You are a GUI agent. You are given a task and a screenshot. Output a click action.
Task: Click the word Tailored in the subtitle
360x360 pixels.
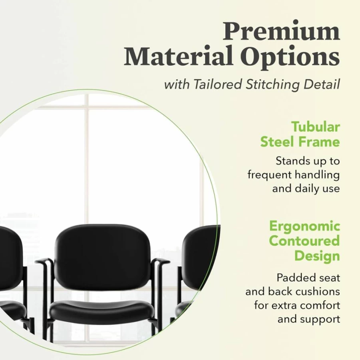click(218, 84)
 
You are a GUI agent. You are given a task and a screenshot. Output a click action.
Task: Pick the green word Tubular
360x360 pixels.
click(316, 127)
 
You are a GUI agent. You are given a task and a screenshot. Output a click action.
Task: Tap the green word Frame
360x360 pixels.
click(320, 142)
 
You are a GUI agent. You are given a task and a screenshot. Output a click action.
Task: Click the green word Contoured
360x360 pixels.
click(304, 241)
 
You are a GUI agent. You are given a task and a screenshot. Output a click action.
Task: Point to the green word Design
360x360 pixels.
click(317, 256)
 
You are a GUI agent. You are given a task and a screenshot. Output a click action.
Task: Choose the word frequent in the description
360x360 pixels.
click(269, 175)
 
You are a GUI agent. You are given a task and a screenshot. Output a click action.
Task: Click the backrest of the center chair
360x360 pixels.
click(102, 250)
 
